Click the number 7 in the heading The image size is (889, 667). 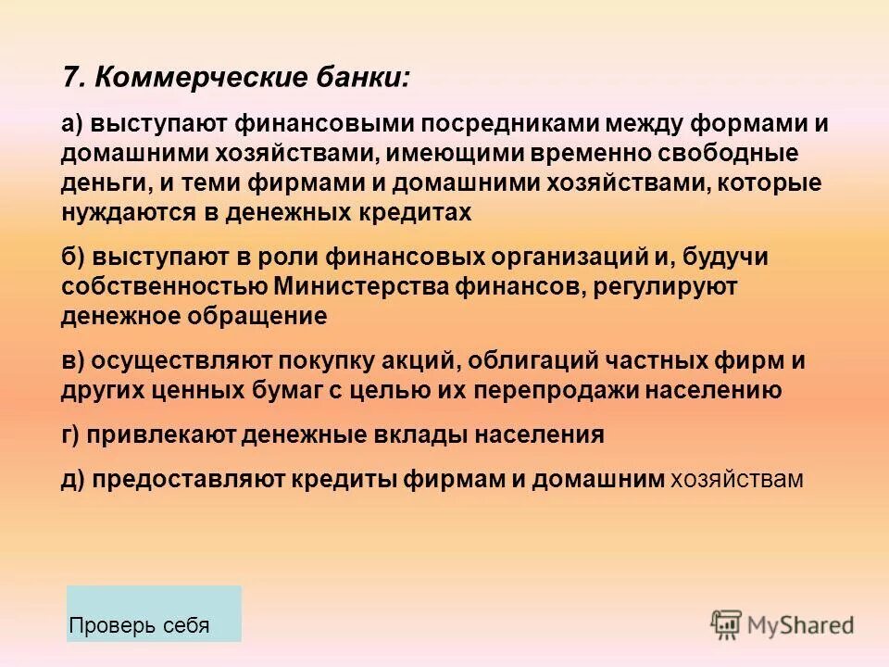tap(69, 76)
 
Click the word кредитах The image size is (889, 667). tap(414, 212)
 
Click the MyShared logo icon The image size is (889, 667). tap(726, 624)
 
